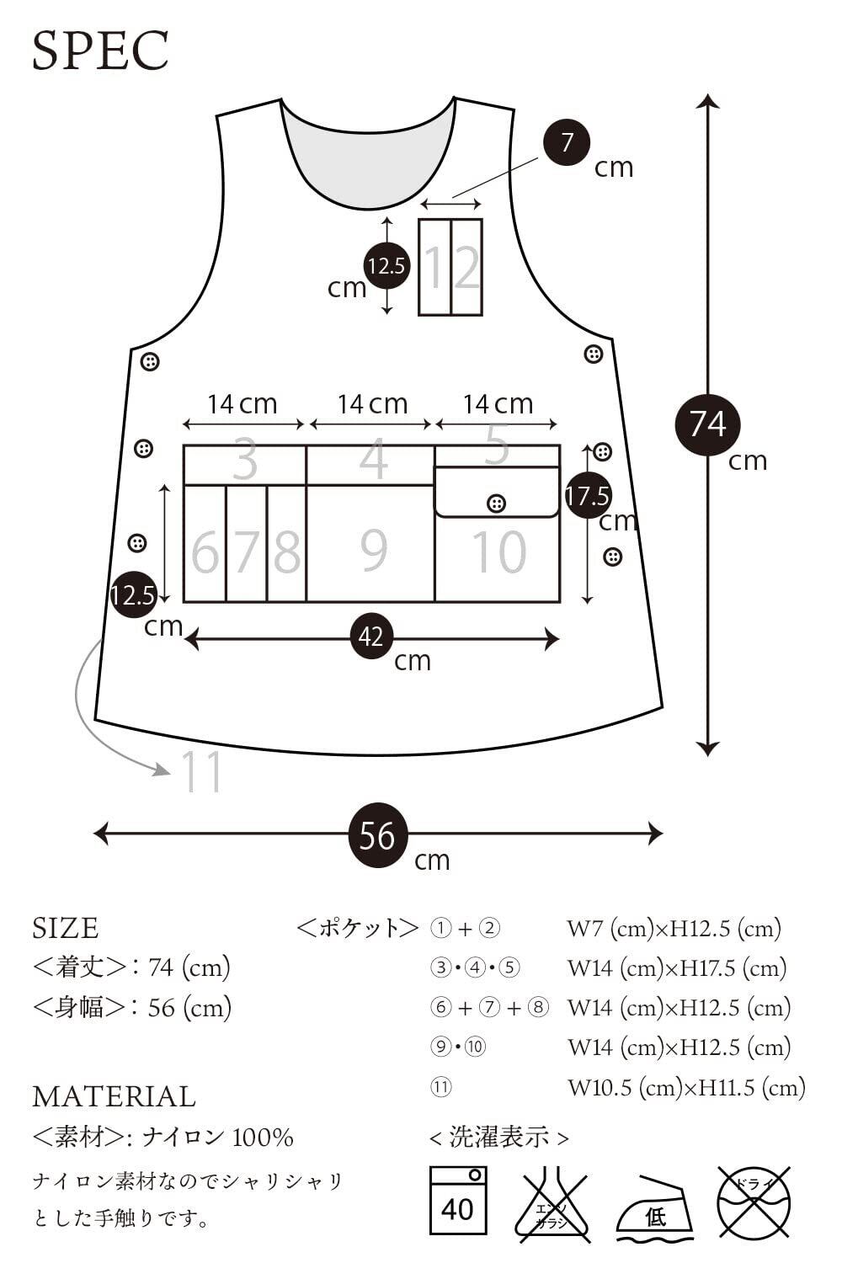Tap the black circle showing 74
coord(707,423)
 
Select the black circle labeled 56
coord(377,835)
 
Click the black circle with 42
coord(371,637)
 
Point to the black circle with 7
coord(566,142)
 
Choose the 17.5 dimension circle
coord(587,495)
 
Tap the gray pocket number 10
coord(498,552)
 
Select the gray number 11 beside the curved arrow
coord(203,771)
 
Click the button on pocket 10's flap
coord(497,504)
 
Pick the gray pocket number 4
coord(373,461)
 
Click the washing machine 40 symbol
coord(457,1199)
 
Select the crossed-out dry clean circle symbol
coord(754,1200)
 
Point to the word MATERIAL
coord(114,1096)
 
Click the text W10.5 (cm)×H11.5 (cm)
coord(686,1087)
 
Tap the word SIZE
coord(66,928)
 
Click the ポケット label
coord(358,928)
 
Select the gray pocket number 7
coord(247,552)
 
